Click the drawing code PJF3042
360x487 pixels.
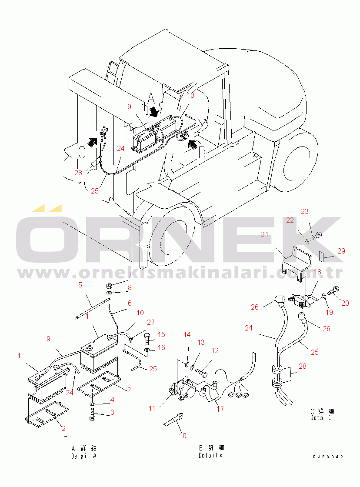click(x=328, y=457)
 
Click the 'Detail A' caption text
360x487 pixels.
click(x=84, y=456)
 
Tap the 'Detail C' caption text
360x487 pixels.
click(x=321, y=418)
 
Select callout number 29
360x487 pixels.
click(x=341, y=251)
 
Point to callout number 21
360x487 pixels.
click(x=264, y=234)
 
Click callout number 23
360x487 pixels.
click(x=305, y=211)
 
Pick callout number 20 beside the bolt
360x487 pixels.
click(x=345, y=303)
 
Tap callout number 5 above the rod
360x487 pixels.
click(x=80, y=285)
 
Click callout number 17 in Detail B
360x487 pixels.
click(x=220, y=409)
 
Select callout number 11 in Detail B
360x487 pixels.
click(x=152, y=408)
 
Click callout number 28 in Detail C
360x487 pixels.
click(x=303, y=366)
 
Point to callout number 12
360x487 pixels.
click(x=215, y=350)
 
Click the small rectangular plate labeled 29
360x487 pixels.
click(x=322, y=255)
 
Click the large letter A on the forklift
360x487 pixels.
click(x=150, y=99)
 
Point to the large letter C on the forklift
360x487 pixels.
click(x=81, y=153)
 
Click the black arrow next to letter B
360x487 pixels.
click(x=193, y=144)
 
